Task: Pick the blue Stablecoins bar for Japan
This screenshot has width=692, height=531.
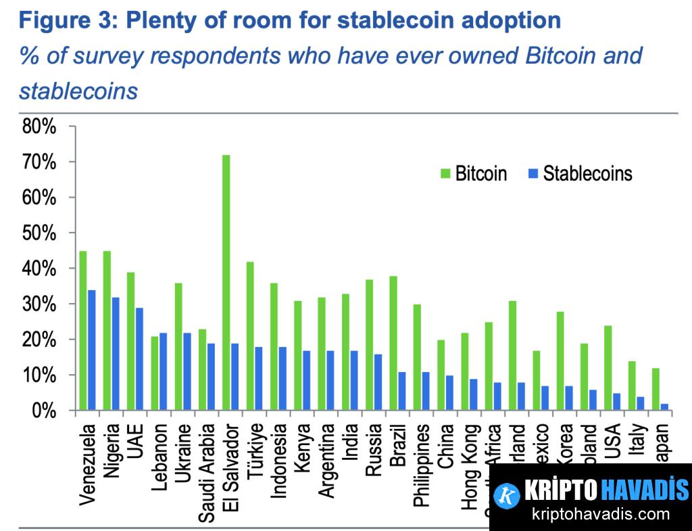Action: click(x=665, y=407)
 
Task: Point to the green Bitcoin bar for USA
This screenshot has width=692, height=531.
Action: click(x=608, y=368)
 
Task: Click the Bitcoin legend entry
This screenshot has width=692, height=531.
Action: click(x=473, y=174)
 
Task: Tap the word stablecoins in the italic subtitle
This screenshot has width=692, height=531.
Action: click(x=78, y=91)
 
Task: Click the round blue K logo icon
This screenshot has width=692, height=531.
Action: click(x=507, y=495)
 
